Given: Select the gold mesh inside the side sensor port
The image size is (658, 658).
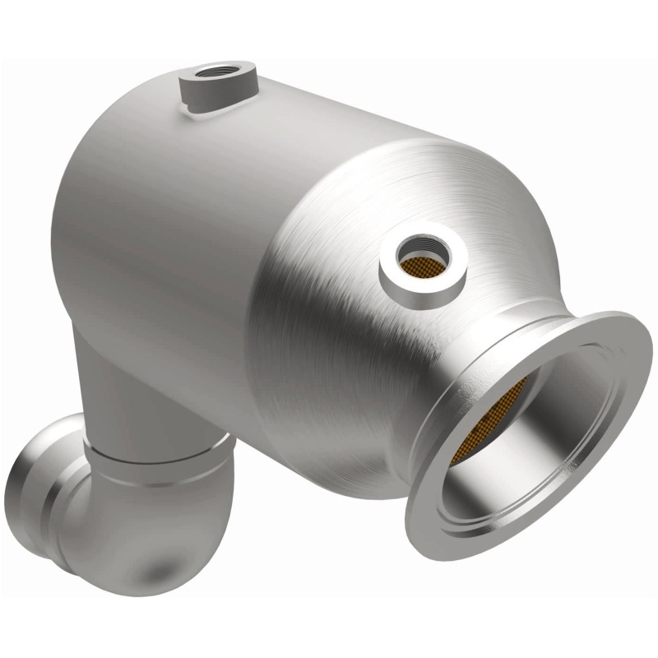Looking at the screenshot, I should coord(422,257).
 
